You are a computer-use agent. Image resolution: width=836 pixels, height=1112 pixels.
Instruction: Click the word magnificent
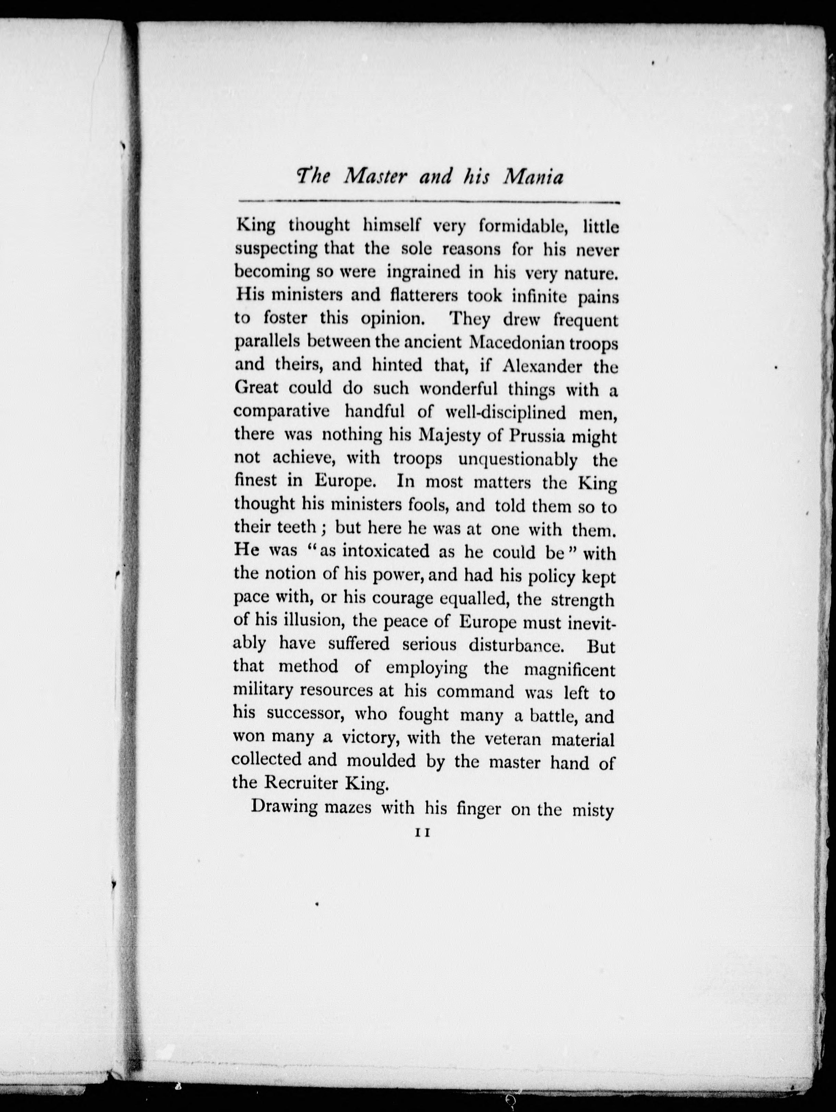pyautogui.click(x=569, y=670)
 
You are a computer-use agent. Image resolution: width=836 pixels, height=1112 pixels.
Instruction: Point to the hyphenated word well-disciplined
pyautogui.click(x=505, y=412)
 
